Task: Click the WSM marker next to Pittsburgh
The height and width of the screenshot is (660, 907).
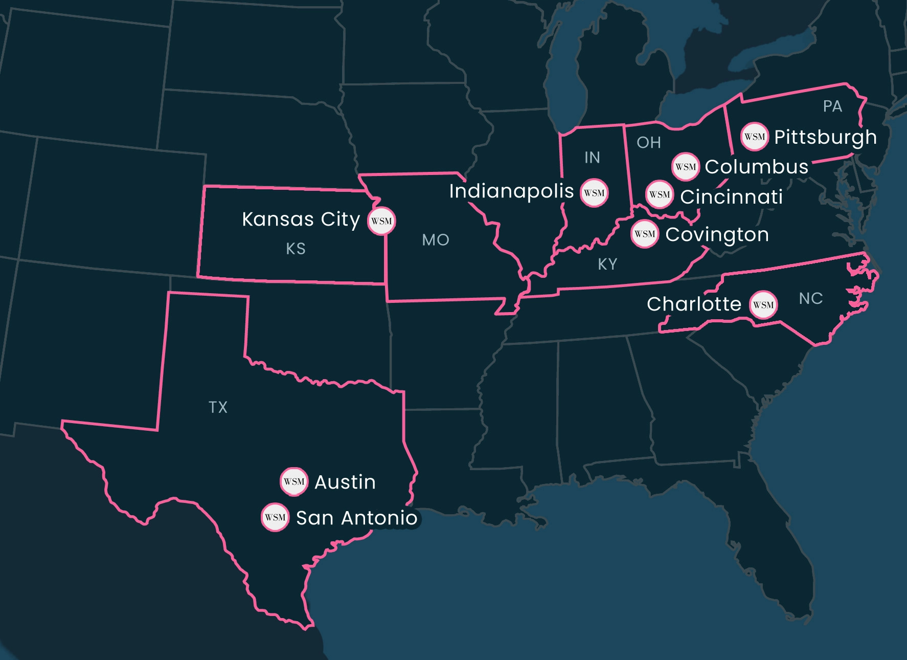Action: tap(755, 137)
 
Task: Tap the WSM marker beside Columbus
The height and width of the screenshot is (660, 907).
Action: tap(685, 167)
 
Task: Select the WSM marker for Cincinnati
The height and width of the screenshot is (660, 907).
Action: tap(660, 194)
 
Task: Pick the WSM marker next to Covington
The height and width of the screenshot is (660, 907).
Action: tap(644, 234)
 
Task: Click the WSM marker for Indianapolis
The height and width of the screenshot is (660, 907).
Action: tap(594, 193)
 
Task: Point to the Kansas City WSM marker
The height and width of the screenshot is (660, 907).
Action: tap(381, 221)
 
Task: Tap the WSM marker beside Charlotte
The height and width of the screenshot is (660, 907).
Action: tap(763, 305)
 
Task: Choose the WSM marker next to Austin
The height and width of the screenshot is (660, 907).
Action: tap(294, 481)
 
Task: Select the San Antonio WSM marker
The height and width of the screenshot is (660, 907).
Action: tap(275, 517)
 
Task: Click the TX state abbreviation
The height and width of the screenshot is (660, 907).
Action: tap(218, 407)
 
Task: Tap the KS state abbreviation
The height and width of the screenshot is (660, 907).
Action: tap(296, 249)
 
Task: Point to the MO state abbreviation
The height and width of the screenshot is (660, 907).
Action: tap(436, 240)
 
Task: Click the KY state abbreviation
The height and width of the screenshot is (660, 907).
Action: tap(607, 265)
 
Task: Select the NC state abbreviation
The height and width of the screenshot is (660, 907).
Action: tap(811, 299)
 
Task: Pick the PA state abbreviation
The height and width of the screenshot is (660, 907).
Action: tap(832, 106)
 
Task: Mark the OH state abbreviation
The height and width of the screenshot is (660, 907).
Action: tap(649, 143)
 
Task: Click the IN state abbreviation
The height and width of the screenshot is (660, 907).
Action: tap(592, 158)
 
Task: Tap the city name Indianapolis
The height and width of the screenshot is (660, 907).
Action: tap(511, 191)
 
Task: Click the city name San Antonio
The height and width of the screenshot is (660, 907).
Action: tap(357, 518)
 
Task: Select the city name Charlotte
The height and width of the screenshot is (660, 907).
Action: tap(694, 304)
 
